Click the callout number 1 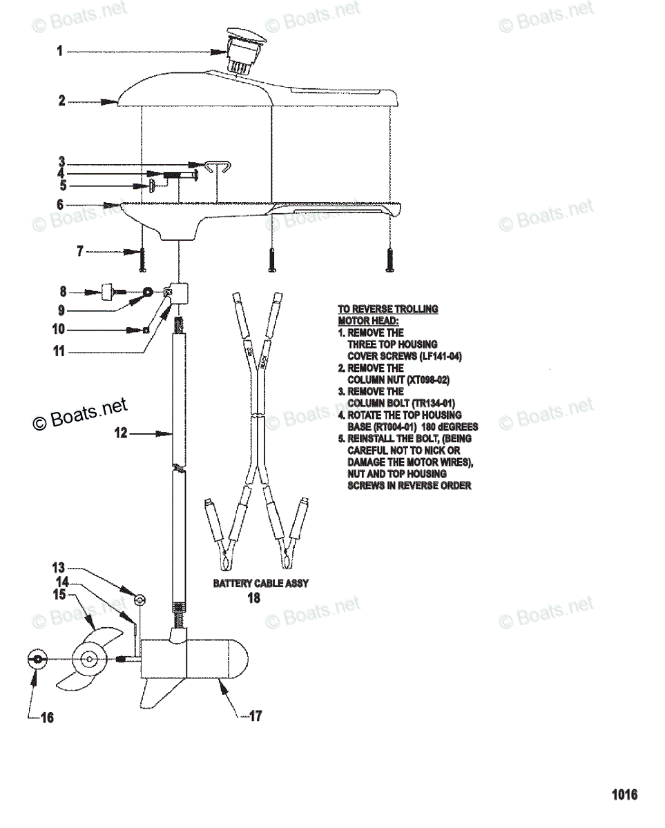tap(60, 51)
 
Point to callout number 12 tap(121, 434)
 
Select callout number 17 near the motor tap(256, 716)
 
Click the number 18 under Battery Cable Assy tap(254, 598)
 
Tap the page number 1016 tap(624, 795)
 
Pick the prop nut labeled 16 tap(35, 659)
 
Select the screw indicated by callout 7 tap(142, 259)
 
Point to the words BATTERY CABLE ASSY tap(260, 583)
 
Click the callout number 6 tap(60, 204)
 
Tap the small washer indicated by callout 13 tap(139, 598)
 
